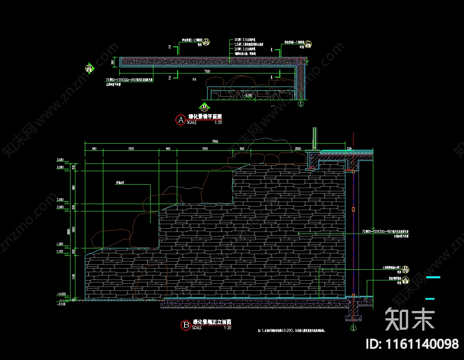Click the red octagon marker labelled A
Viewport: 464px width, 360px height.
pyautogui.click(x=180, y=119)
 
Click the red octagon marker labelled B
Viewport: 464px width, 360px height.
pyautogui.click(x=185, y=325)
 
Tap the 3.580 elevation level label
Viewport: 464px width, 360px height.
pyautogui.click(x=61, y=159)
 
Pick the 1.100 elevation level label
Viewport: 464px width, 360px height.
pyautogui.click(x=61, y=251)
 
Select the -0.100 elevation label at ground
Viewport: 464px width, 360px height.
pyautogui.click(x=62, y=304)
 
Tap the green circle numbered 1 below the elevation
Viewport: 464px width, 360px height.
pyautogui.click(x=353, y=328)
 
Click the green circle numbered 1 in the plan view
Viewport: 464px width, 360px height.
pyautogui.click(x=301, y=104)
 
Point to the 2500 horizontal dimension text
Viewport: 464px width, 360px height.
pyautogui.click(x=298, y=149)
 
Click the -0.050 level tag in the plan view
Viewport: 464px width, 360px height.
pyautogui.click(x=248, y=96)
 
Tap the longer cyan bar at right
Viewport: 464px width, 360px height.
pyautogui.click(x=433, y=277)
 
